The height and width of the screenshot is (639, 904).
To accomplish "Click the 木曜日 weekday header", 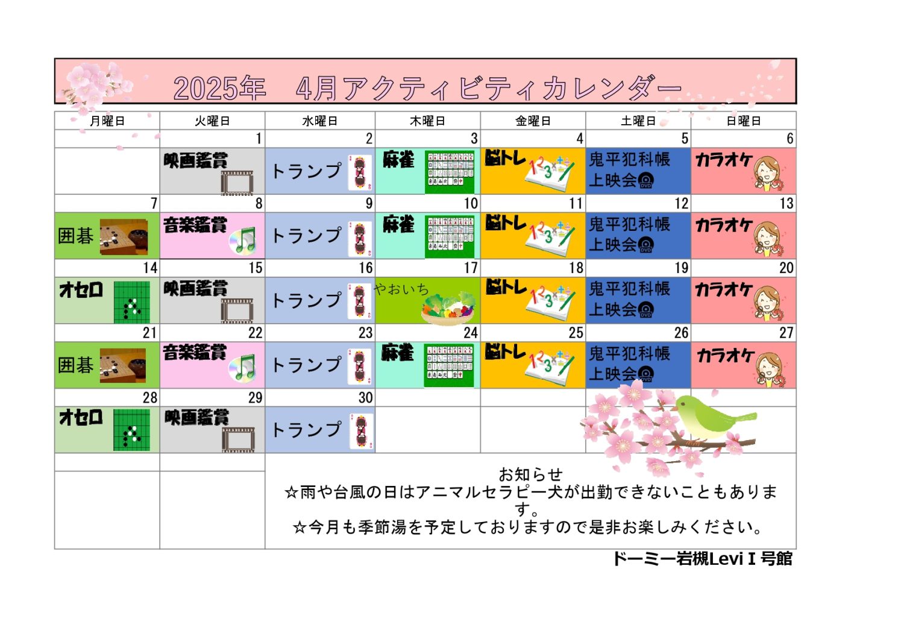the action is [427, 121].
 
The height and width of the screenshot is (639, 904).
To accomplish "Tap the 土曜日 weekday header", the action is [638, 121].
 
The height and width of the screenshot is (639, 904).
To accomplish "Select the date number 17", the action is [471, 268].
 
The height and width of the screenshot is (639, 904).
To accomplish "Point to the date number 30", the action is [366, 398].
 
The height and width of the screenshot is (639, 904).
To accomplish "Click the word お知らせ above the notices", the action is [531, 474].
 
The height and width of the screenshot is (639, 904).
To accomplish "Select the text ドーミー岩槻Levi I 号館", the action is [703, 559].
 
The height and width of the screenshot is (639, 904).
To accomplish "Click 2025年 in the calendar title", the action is [220, 88].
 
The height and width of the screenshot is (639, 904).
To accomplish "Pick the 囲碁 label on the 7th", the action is [75, 236].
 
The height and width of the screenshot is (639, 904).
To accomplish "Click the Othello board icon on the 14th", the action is [131, 303].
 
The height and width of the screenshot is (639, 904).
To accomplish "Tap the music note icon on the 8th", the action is [243, 241].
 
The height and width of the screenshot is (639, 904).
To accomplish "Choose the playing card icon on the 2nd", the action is [360, 173].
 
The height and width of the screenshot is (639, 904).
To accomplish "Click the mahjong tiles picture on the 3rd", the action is [450, 172].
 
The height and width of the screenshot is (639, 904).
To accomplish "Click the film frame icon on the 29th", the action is [238, 439].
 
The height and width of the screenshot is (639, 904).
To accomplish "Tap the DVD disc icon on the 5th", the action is [645, 180].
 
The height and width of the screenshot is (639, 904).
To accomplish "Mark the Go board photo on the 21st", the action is [123, 365].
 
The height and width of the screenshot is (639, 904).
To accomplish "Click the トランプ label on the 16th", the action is [307, 301].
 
